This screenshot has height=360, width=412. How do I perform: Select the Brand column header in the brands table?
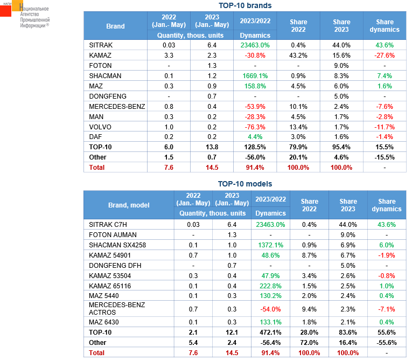click(115, 26)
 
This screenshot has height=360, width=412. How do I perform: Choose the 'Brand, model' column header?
click(129, 205)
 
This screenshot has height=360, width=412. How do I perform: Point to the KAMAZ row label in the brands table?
click(101, 55)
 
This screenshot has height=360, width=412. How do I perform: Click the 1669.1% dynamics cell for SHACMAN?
click(254, 75)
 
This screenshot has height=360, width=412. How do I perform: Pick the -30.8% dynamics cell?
click(255, 55)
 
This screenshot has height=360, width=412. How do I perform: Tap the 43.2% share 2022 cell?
click(298, 55)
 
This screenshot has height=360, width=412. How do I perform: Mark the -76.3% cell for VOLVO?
click(255, 127)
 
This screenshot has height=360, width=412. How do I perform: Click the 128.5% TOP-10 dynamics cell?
click(255, 147)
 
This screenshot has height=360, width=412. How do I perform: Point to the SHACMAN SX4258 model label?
click(117, 245)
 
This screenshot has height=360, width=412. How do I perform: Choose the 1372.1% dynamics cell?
click(270, 245)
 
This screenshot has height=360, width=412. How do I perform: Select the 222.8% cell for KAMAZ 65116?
click(270, 286)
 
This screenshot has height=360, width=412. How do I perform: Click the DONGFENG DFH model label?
click(113, 265)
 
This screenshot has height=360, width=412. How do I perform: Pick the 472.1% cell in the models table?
click(270, 333)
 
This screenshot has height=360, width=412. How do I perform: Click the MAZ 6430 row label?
click(105, 322)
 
